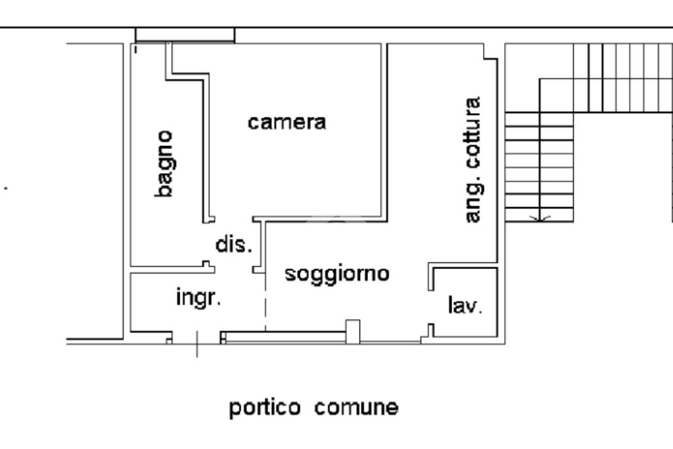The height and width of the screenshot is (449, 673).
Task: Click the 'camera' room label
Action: pyautogui.click(x=287, y=122)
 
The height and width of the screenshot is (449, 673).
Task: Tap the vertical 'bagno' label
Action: pyautogui.click(x=165, y=164)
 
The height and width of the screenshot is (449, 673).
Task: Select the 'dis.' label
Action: pyautogui.click(x=234, y=245)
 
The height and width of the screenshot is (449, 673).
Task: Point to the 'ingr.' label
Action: pyautogui.click(x=198, y=298)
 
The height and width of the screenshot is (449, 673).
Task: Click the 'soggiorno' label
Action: pyautogui.click(x=337, y=273)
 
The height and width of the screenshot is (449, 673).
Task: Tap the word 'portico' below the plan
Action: pyautogui.click(x=265, y=408)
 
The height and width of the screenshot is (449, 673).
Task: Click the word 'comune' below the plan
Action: pyautogui.click(x=356, y=408)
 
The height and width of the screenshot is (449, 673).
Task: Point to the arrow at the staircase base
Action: pyautogui.click(x=540, y=217)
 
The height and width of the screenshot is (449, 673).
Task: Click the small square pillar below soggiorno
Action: pyautogui.click(x=353, y=331)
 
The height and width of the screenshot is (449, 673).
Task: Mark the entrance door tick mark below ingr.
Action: pyautogui.click(x=197, y=344)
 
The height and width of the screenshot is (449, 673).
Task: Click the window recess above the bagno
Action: pyautogui.click(x=185, y=35)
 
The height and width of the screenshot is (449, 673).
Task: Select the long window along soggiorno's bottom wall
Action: pyautogui.click(x=285, y=337)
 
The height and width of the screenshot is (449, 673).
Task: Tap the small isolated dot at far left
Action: pyautogui.click(x=7, y=188)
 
